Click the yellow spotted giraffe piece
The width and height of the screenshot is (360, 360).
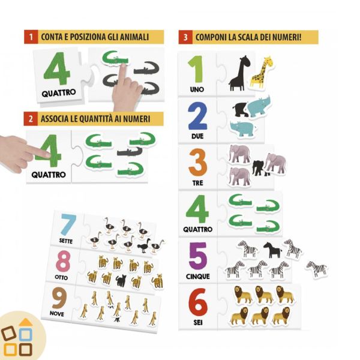click(x=262, y=73)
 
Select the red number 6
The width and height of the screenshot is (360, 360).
click(x=197, y=302)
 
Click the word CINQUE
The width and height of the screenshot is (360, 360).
click(x=197, y=276)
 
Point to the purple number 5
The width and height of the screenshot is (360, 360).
click(x=198, y=256)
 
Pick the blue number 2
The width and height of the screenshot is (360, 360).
click(x=197, y=116)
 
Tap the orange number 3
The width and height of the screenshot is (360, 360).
click(x=197, y=163)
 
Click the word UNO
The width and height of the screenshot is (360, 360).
click(x=197, y=89)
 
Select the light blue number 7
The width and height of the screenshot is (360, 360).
click(x=68, y=224)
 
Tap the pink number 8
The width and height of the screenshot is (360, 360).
click(x=63, y=261)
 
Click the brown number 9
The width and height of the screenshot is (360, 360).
click(x=59, y=298)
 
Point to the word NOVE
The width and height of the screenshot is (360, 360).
click(x=57, y=314)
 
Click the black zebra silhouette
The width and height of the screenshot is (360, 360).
click(x=272, y=250)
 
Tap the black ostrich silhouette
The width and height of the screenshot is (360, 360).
click(x=144, y=245)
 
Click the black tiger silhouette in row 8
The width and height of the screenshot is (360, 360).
click(x=121, y=281)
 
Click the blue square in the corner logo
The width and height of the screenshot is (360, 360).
click(x=25, y=335)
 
